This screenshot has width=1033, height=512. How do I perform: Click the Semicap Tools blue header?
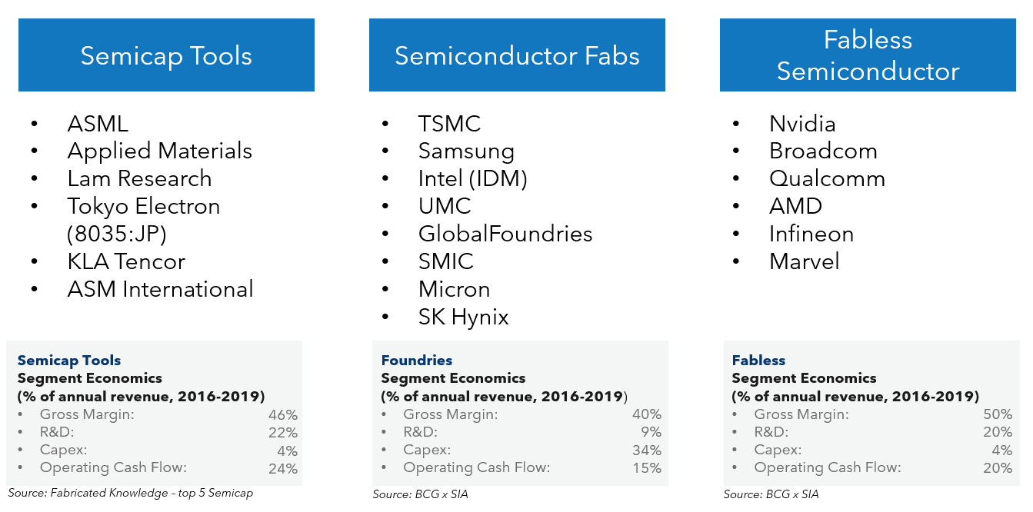166,55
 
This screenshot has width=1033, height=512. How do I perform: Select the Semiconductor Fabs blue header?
517,55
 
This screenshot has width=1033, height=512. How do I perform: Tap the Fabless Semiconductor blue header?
868,55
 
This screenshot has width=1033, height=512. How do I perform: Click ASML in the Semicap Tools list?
98,124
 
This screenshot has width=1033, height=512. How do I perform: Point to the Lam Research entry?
139,178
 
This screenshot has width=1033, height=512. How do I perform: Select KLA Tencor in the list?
126,261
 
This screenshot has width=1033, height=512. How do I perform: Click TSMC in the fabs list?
449,124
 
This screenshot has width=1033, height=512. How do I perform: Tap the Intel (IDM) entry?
472,178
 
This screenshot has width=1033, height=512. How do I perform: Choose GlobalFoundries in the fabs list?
505,234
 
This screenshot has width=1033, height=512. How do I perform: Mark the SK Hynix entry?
463,317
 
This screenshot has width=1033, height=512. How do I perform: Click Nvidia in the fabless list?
802,124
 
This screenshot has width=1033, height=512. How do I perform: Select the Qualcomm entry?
827,178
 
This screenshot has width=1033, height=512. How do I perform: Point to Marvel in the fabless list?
804,261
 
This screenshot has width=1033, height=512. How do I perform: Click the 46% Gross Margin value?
282,414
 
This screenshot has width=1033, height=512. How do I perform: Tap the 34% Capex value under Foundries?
646,450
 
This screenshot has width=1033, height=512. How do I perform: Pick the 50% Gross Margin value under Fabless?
997,414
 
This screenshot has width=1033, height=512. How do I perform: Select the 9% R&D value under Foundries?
650,432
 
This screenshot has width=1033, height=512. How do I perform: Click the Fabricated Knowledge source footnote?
130,493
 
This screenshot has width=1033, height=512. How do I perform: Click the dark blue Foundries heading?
416,360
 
